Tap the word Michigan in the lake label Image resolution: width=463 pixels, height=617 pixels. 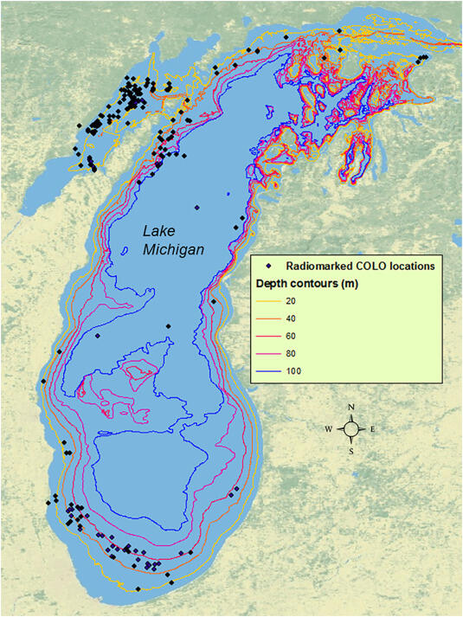click(x=174, y=249)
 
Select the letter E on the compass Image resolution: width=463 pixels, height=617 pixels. click(x=372, y=429)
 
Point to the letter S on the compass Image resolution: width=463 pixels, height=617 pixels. click(x=350, y=450)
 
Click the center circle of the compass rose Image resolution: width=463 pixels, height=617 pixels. click(x=350, y=429)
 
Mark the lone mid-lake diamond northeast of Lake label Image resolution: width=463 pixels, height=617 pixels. click(x=197, y=208)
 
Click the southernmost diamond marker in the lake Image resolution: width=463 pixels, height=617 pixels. click(x=137, y=589)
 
